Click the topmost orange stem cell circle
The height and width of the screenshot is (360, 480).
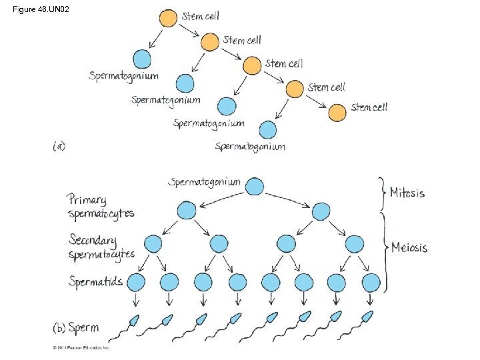[x=169, y=18]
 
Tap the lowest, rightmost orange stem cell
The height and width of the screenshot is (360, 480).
[x=337, y=111]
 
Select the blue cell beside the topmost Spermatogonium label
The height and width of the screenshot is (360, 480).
[x=142, y=59]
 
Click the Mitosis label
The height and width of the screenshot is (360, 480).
[x=407, y=193]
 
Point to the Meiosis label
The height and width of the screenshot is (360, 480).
[x=409, y=248]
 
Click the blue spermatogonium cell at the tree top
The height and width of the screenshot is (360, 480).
[x=254, y=186]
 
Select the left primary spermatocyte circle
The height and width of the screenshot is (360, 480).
[x=187, y=211]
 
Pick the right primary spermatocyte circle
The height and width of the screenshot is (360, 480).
[x=321, y=211]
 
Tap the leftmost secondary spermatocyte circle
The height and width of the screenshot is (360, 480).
[x=153, y=244]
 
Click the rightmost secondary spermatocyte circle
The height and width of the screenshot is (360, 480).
[x=354, y=244]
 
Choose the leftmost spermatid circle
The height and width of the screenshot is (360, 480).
[x=137, y=282]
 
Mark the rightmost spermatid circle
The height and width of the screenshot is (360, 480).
[x=371, y=282]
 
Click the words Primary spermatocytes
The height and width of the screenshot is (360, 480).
[x=101, y=206]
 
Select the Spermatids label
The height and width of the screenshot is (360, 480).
[x=95, y=281]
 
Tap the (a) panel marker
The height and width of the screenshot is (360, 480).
[x=59, y=145]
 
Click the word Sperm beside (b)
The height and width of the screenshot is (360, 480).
[x=83, y=327]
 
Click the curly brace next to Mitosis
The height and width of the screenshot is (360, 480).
[x=381, y=193]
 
